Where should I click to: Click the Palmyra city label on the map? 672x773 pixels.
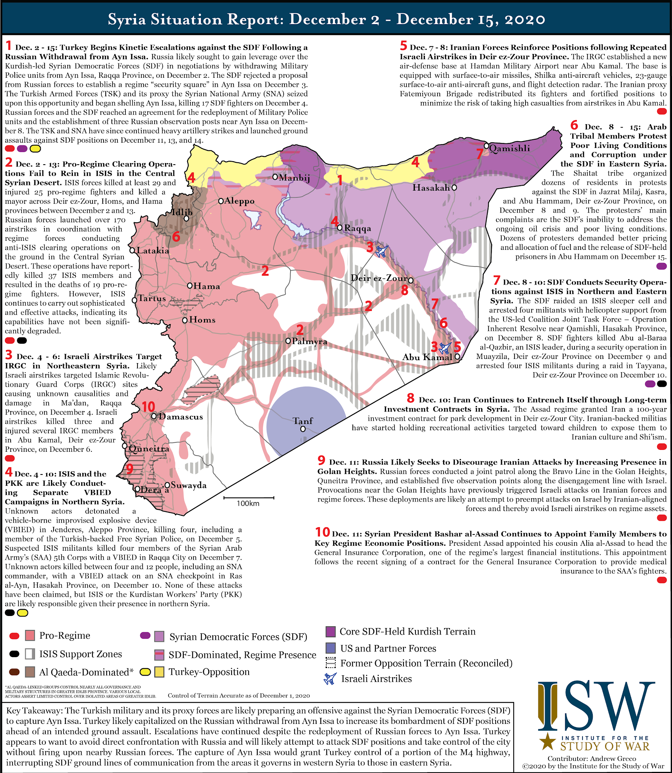point(309,341)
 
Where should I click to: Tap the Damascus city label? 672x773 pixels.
point(181,417)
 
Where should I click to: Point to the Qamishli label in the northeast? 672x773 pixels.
point(510,148)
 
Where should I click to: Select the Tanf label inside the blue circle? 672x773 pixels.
point(303,421)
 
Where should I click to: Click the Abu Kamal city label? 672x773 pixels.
point(427,357)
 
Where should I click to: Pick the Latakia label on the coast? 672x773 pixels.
point(153,250)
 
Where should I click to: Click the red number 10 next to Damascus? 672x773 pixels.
point(148,407)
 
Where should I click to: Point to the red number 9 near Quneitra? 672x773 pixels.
point(130,469)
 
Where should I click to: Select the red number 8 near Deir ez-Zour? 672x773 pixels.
point(405,291)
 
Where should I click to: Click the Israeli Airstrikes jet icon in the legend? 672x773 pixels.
point(330,679)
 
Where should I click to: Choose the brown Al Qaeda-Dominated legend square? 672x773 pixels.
point(30,672)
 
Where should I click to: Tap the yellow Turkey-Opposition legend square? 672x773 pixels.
point(159,672)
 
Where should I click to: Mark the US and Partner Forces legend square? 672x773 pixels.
point(331,648)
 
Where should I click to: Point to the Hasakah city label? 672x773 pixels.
point(431,188)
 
